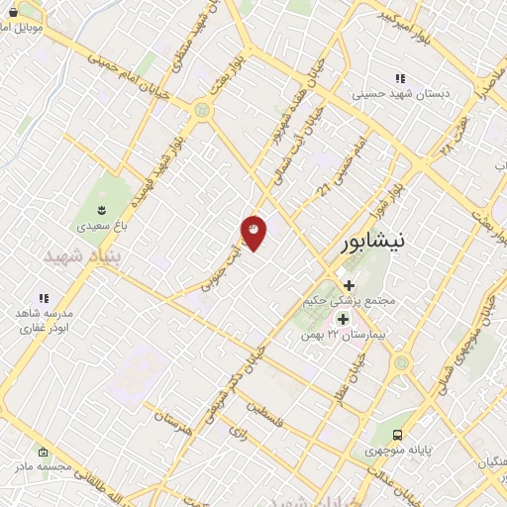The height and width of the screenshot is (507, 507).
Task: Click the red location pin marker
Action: pyautogui.click(x=253, y=233)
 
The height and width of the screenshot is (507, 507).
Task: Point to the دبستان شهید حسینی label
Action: pyautogui.click(x=400, y=96)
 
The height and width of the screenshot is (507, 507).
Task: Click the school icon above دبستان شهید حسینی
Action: pyautogui.click(x=400, y=78)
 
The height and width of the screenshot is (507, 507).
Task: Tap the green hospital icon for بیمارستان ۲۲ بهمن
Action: pyautogui.click(x=344, y=319)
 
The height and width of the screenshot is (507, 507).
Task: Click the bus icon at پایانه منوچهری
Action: pyautogui.click(x=397, y=434)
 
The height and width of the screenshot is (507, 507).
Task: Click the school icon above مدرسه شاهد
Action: pyautogui.click(x=43, y=297)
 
